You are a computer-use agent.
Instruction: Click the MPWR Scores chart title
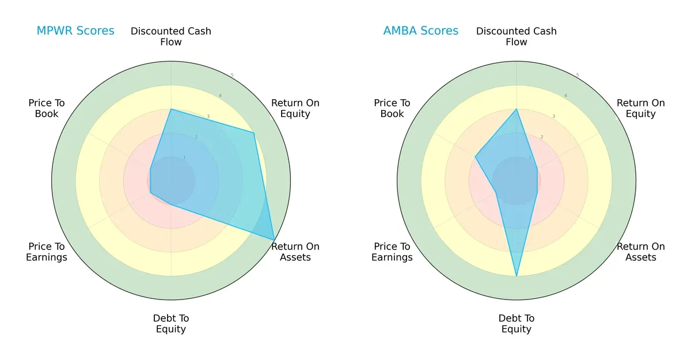(x=75, y=31)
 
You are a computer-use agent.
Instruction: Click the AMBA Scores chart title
(x=421, y=31)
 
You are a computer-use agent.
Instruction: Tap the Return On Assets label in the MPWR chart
(x=295, y=252)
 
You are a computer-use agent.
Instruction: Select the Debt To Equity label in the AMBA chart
(x=517, y=324)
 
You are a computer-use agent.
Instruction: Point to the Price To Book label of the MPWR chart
(x=47, y=108)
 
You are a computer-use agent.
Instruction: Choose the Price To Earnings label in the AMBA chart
(x=392, y=252)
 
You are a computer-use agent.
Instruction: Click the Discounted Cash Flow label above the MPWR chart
(x=171, y=36)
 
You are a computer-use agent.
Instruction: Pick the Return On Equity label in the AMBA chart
(x=641, y=108)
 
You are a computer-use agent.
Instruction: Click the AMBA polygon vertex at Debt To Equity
(x=517, y=276)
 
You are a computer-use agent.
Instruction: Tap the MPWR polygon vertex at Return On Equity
(x=254, y=132)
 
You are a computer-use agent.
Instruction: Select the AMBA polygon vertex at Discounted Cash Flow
(x=517, y=109)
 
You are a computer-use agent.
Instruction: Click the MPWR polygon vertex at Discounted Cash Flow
(x=171, y=109)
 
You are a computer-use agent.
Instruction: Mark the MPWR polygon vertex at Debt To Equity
(x=171, y=204)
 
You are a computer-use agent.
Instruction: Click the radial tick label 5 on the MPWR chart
(x=232, y=75)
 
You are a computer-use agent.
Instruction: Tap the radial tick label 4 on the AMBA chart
(x=565, y=96)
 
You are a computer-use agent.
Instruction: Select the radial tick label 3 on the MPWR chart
(x=208, y=116)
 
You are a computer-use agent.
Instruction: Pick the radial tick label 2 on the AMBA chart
(x=542, y=137)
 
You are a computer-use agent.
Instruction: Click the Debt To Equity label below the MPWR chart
(x=171, y=324)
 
